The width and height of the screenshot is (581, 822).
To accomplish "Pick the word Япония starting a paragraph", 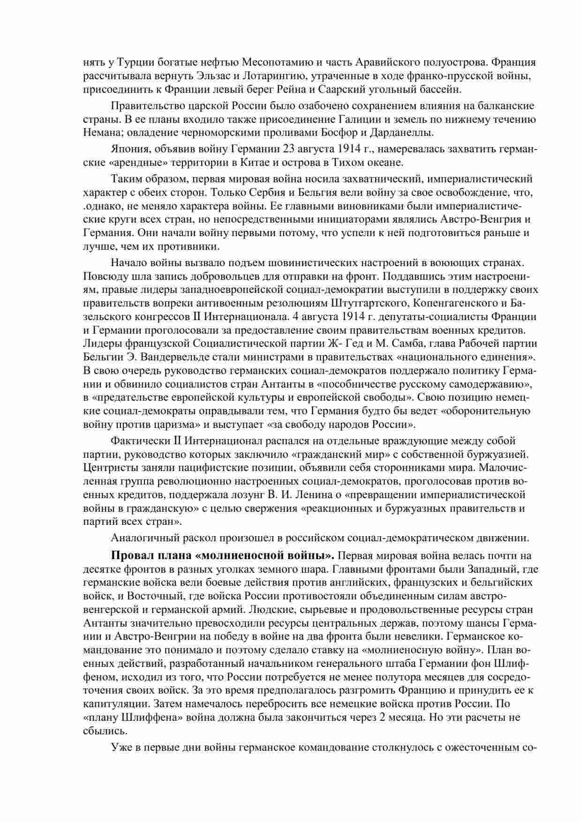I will pyautogui.click(x=127, y=149).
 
